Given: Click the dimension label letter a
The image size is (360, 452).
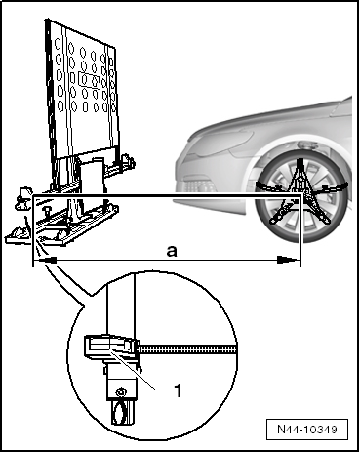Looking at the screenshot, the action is [172, 251].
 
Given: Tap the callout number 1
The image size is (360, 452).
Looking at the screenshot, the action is [178, 390].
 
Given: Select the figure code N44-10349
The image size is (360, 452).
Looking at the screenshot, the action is [307, 430].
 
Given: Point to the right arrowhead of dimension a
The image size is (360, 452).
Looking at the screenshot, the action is [288, 260].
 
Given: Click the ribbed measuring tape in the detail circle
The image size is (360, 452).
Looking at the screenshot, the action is [188, 349].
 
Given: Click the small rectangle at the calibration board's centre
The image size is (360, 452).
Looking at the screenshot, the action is [89, 80].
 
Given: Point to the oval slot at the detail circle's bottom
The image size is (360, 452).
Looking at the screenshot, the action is [120, 413].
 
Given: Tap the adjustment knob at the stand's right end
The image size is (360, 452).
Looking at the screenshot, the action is [128, 160].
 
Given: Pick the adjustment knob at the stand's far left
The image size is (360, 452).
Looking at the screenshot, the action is [21, 197].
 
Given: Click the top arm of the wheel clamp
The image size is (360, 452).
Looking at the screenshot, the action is [300, 173].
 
